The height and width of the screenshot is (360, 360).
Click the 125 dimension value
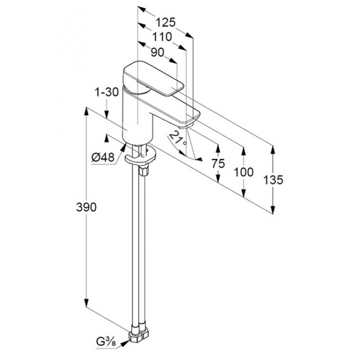tap(166, 23)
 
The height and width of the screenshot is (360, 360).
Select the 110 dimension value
tap(162, 37)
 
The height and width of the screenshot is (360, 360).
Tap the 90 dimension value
tap(157, 52)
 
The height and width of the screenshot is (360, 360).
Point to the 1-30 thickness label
tap(107, 92)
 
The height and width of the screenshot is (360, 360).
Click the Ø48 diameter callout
tap(103, 157)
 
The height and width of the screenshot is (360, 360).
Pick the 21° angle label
tap(177, 138)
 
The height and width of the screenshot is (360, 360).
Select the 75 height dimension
tap(218, 164)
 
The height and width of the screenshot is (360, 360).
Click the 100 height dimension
tap(244, 172)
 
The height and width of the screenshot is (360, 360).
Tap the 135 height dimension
tap(273, 179)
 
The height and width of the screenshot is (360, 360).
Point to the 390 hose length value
tap(86, 207)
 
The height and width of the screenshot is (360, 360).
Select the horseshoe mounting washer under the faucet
tap(140, 157)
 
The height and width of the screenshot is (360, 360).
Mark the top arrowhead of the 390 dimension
tap(86, 112)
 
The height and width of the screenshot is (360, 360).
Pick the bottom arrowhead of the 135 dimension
tap(273, 209)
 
